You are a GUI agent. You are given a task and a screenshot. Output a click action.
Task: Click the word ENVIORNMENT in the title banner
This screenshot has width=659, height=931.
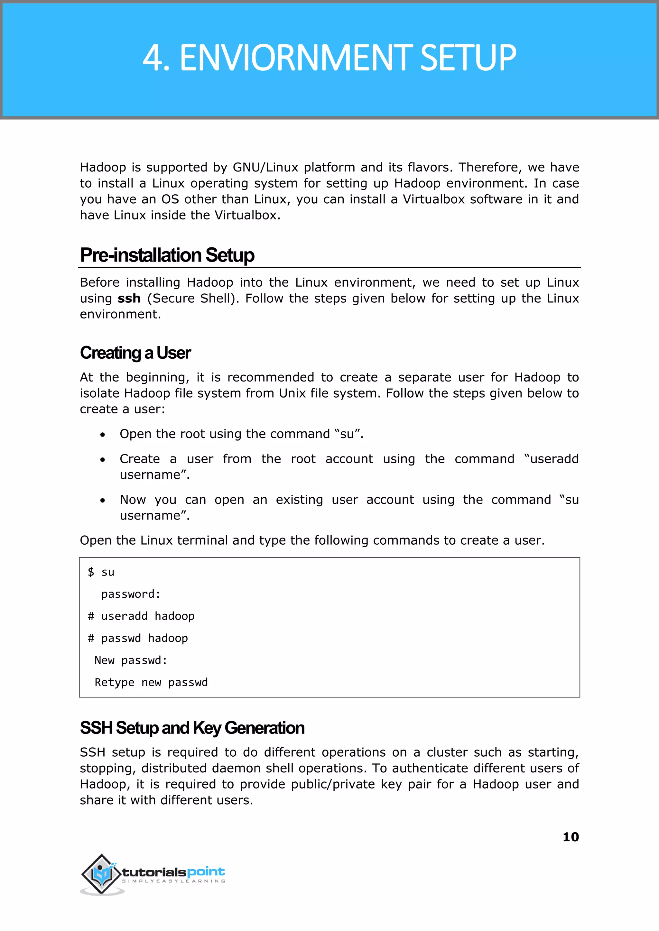tap(295, 58)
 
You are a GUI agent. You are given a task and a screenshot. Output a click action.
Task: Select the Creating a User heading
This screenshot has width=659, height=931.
tap(135, 353)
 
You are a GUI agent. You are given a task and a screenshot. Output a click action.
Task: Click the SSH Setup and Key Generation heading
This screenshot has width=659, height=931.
tap(192, 728)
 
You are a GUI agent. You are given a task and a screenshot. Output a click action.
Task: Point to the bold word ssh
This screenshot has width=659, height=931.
tap(129, 299)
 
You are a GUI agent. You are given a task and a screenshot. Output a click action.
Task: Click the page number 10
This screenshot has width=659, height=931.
tap(571, 837)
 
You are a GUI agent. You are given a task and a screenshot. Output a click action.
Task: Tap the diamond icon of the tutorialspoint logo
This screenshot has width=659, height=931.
tap(101, 873)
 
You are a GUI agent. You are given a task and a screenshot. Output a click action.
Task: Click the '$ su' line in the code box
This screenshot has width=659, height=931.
tap(101, 572)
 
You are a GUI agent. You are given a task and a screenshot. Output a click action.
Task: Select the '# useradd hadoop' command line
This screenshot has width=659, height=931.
tap(141, 616)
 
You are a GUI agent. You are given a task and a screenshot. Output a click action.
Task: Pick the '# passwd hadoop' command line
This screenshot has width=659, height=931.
tap(138, 638)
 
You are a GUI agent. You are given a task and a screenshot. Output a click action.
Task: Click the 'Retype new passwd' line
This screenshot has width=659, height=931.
tap(151, 682)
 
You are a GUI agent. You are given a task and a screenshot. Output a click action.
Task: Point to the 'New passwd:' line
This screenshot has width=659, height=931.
tap(131, 660)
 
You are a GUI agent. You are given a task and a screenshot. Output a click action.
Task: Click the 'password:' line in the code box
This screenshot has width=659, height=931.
tap(131, 594)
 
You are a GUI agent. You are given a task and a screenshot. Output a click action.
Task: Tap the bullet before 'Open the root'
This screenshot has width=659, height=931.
tap(103, 435)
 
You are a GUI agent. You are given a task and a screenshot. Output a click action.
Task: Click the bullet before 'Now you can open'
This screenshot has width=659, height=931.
tap(103, 501)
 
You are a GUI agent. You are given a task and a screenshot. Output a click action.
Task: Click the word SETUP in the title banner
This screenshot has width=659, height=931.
tap(468, 58)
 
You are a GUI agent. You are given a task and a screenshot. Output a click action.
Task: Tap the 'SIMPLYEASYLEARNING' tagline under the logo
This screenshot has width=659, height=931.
tap(174, 881)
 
